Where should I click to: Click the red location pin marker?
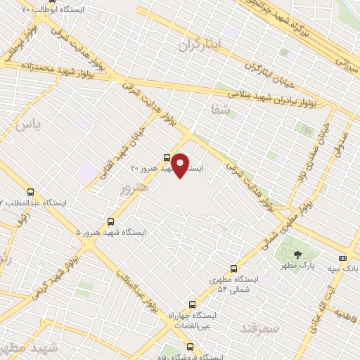[x=181, y=165]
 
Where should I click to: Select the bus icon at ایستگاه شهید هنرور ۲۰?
[x=167, y=157]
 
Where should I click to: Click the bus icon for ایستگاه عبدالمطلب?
[x=30, y=191]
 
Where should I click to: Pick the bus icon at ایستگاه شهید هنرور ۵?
[x=110, y=221]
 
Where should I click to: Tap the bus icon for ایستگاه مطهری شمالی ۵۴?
[x=234, y=269]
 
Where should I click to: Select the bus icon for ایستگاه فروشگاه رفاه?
[x=191, y=346]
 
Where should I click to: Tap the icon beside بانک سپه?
[x=342, y=258]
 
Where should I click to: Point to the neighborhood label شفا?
[x=220, y=108]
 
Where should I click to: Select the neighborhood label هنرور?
[x=134, y=188]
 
